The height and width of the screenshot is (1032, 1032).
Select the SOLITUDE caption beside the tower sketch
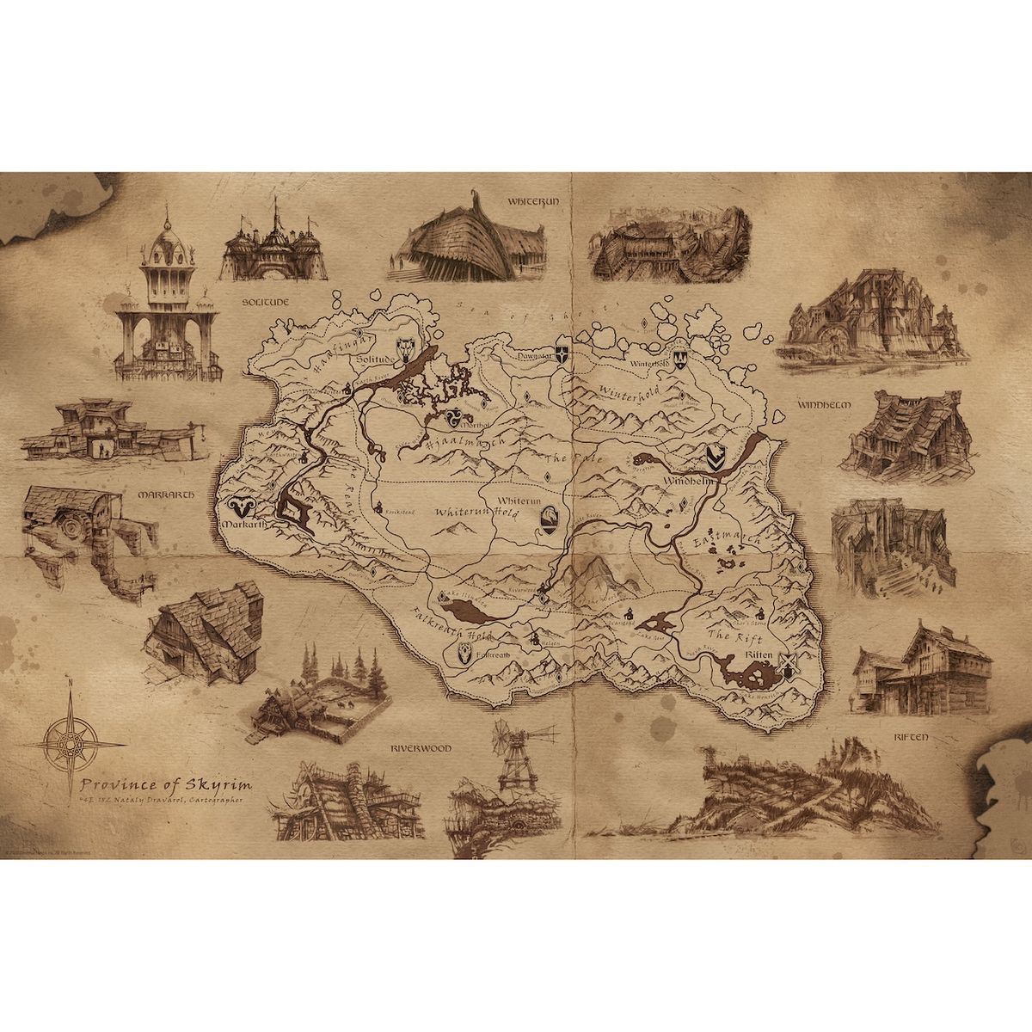(263, 304)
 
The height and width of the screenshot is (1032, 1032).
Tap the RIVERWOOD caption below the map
(420, 748)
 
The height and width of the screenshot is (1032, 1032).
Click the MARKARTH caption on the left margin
(165, 496)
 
